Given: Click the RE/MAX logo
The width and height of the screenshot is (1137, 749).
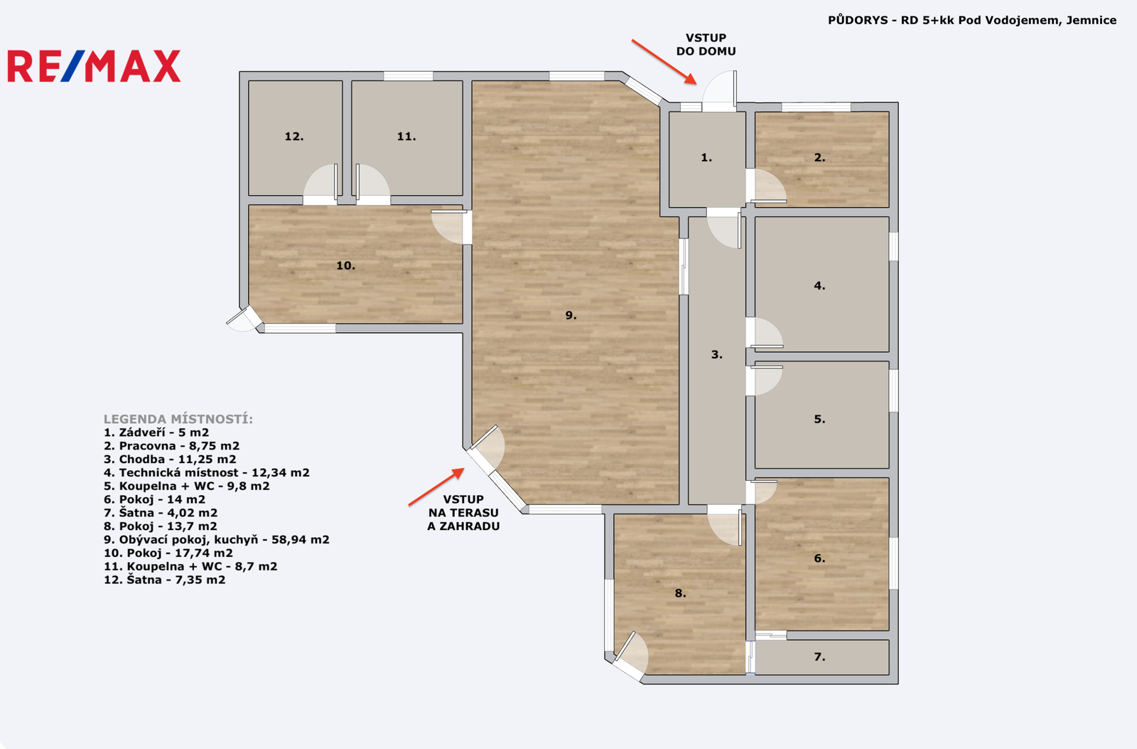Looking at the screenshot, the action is point(94,66).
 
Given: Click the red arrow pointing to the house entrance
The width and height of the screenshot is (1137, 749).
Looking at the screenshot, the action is point(664,61).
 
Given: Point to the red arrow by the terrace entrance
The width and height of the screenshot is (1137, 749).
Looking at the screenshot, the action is point(436,487).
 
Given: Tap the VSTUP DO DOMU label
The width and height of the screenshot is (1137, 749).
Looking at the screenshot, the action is point(706,44).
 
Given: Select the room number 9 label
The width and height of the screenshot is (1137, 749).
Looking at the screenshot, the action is point(571,315).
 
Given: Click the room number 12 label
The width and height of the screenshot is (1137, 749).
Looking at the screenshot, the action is point(294,136).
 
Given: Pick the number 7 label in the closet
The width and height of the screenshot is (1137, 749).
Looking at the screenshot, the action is point(820,657).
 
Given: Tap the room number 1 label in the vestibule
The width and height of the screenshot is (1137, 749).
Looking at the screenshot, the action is point(706,157).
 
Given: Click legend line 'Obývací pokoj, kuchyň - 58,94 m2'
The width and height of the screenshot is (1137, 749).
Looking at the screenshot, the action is point(216,539).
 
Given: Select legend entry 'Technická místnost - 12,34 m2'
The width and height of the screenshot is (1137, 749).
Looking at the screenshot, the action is point(206,472).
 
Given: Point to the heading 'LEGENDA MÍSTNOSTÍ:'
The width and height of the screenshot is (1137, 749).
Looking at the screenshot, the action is point(178,419).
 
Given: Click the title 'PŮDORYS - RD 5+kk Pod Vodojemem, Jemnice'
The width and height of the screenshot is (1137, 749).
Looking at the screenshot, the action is point(972,20).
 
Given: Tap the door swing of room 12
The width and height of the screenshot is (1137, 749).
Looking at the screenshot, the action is point(320,184).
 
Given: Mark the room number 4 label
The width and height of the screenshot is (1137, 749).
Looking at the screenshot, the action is point(820,285).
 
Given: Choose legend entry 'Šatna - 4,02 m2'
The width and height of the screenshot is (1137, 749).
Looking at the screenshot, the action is point(161,512).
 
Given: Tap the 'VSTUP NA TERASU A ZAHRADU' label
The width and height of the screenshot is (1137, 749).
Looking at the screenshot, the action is point(463,512).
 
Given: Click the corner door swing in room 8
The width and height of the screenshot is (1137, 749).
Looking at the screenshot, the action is point(632,656).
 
